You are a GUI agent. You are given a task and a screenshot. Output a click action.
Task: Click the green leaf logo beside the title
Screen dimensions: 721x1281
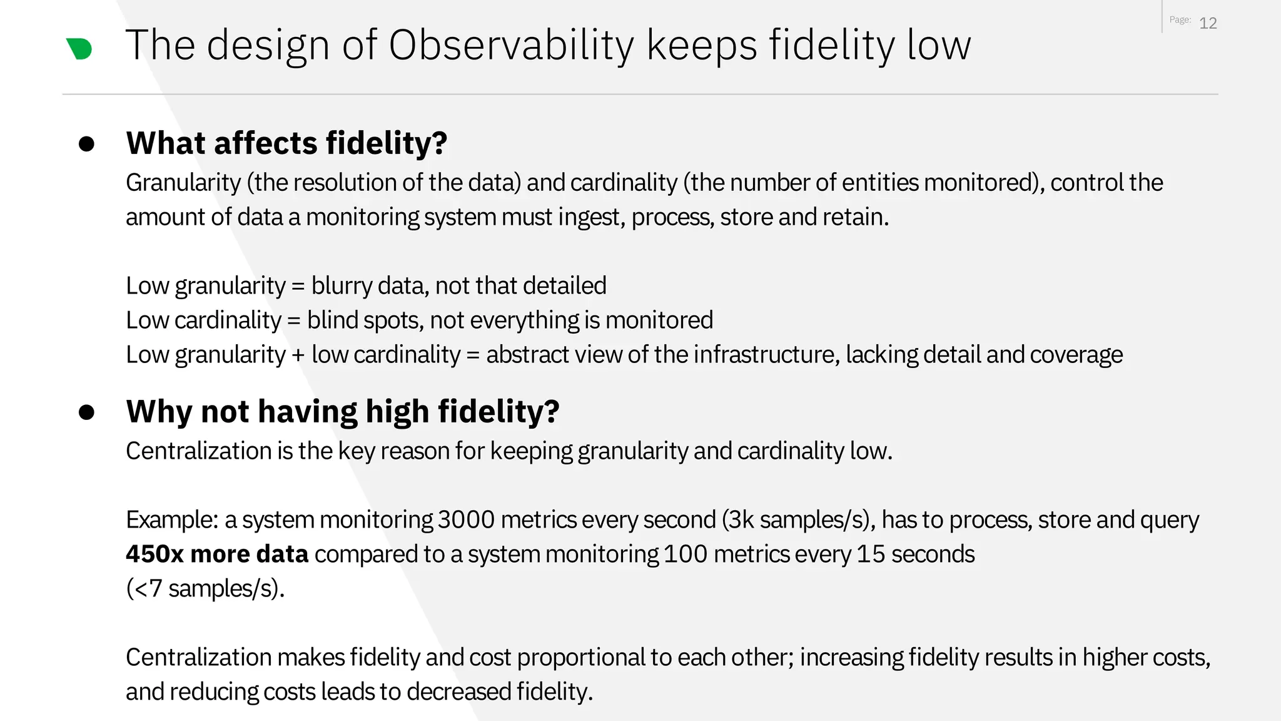(x=79, y=48)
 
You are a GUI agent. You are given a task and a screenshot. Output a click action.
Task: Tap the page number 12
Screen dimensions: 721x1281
(x=1207, y=23)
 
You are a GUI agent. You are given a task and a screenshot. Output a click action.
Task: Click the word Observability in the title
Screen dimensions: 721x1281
(x=511, y=45)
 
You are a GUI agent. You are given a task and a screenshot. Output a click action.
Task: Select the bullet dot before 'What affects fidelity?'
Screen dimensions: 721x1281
(x=86, y=144)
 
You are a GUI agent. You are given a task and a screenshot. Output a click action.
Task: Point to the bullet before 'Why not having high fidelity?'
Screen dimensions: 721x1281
(x=86, y=412)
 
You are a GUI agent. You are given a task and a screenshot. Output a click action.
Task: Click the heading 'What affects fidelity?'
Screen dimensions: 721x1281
(x=286, y=143)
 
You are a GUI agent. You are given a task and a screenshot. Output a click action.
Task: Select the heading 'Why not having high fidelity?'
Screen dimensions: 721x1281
(x=342, y=411)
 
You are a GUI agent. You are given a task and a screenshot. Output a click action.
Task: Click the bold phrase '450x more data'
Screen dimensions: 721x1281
(x=217, y=554)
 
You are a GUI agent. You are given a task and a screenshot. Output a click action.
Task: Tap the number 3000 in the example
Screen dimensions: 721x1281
(x=466, y=519)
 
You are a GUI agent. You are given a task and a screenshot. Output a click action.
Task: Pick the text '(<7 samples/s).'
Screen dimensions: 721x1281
(x=205, y=588)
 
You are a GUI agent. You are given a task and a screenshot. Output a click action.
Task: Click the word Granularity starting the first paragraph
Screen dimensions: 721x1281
(x=183, y=183)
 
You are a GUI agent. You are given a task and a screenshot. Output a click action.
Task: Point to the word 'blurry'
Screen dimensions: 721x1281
(x=342, y=286)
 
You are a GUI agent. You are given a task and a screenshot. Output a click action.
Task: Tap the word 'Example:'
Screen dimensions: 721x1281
(x=171, y=519)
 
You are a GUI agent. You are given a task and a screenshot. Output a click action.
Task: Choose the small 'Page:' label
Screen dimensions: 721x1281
(x=1180, y=20)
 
